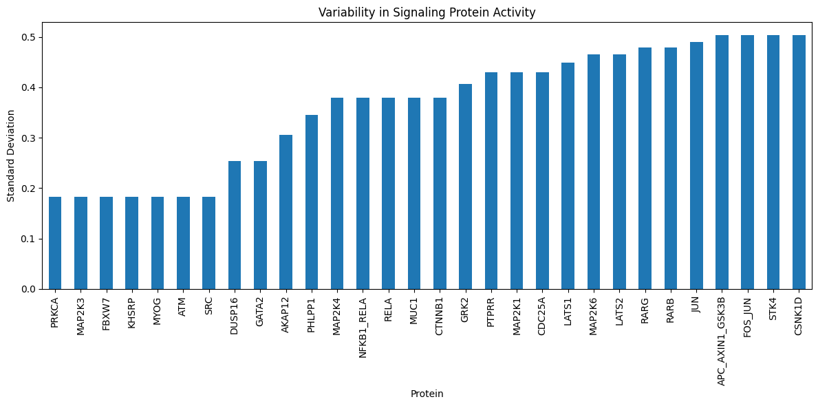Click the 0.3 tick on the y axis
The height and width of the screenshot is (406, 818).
coord(32,138)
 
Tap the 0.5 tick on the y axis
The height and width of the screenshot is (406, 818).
coord(32,37)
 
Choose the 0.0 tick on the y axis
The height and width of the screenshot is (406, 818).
coord(32,289)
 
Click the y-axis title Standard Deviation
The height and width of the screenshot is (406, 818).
coord(10,156)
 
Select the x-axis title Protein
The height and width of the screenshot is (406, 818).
coord(427,394)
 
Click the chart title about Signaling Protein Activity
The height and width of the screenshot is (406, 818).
coord(427,12)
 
